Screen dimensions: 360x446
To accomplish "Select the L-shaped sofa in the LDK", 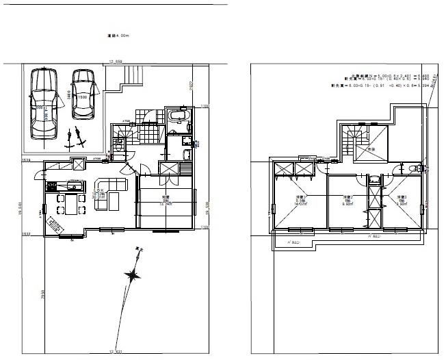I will (109, 191).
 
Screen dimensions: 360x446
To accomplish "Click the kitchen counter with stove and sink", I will (65, 185).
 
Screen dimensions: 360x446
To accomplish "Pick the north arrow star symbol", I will (131, 276).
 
